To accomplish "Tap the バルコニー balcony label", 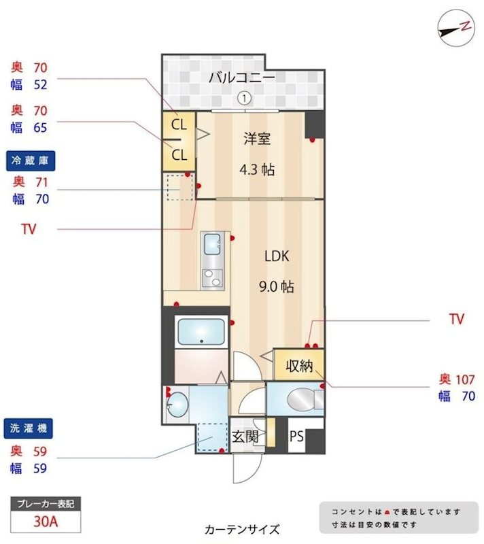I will click(241, 78).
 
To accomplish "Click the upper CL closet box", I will click(179, 124).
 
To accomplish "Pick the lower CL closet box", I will click(179, 155).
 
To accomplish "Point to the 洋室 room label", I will click(258, 139).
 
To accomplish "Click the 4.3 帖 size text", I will click(258, 169).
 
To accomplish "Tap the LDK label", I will click(277, 256).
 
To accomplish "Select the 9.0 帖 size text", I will click(277, 286).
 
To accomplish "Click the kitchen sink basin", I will click(212, 241).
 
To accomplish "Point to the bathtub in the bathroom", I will click(201, 332).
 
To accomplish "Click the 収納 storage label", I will click(298, 366).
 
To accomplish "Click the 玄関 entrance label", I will click(245, 437).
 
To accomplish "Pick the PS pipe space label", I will click(296, 437).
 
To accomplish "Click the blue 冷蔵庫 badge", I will click(31, 160).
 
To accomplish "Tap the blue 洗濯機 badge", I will click(31, 429).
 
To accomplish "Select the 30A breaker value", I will click(46, 522).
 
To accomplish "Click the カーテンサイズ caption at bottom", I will click(241, 529).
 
